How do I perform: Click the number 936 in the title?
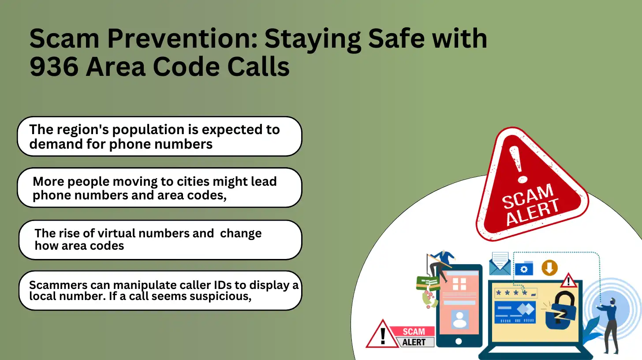54,67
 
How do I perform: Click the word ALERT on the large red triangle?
533,211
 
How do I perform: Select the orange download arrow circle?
549,268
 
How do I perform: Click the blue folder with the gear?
524,269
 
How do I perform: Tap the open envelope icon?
500,263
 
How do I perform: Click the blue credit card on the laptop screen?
515,312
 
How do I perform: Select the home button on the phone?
459,341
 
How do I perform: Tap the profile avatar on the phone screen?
460,319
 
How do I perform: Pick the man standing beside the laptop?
609,326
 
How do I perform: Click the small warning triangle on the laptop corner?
568,281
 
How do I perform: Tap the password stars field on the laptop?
515,293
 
